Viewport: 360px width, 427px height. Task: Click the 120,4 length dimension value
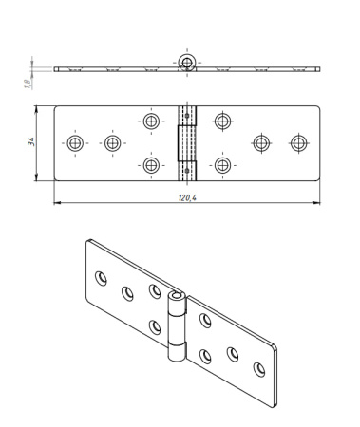click(187, 198)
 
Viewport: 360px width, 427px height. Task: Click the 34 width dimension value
click(31, 141)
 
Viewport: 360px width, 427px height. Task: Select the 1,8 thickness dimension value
click(28, 84)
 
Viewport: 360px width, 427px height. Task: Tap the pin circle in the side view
click(187, 62)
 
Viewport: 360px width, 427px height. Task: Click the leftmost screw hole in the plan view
click(75, 143)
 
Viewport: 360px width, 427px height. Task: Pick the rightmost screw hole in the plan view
click(299, 143)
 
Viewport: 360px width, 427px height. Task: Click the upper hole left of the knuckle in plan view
click(151, 121)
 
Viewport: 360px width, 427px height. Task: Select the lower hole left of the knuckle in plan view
click(151, 165)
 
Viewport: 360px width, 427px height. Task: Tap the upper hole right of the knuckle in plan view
click(223, 121)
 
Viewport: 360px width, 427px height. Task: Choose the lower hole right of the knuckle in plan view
click(223, 165)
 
